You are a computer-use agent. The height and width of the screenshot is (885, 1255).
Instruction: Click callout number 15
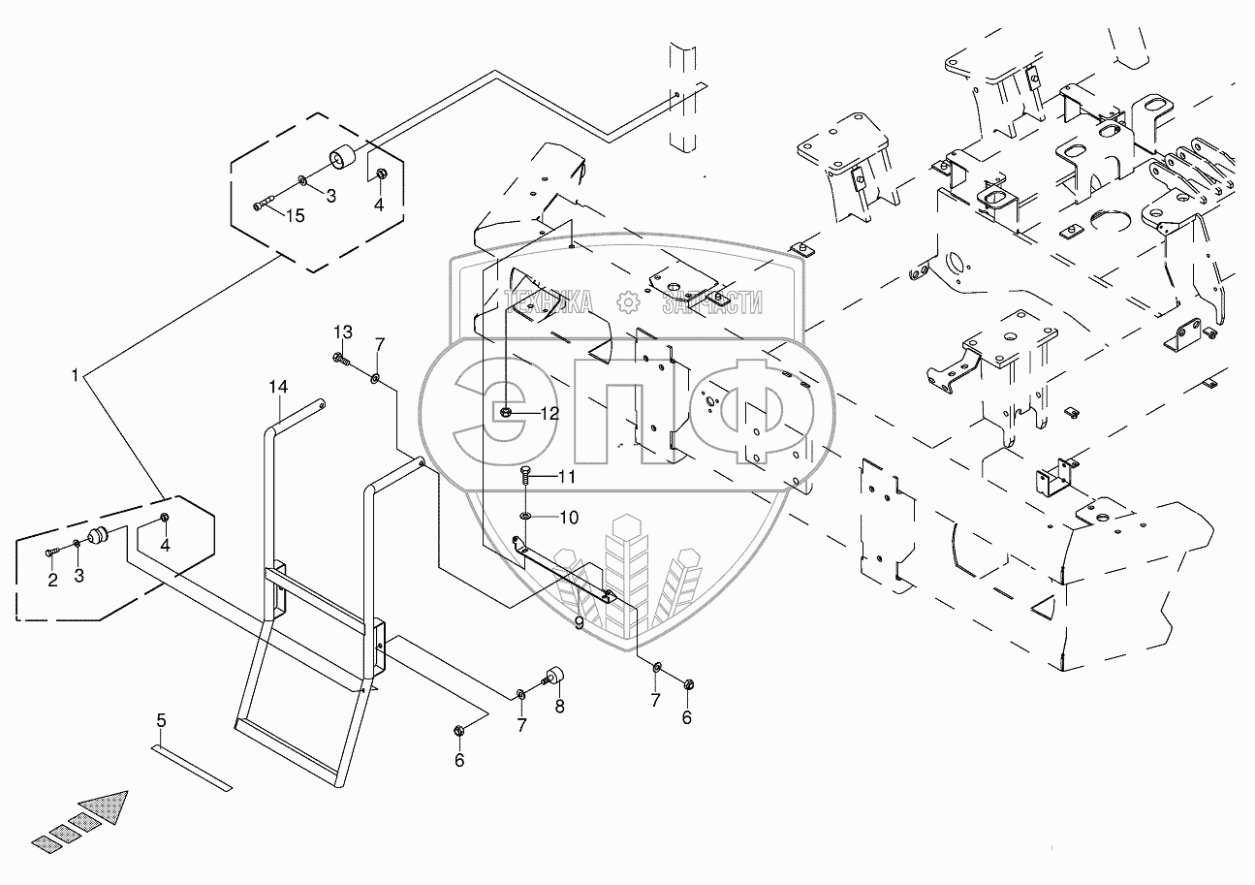pyautogui.click(x=295, y=216)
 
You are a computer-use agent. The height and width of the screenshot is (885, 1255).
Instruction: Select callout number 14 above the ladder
pyautogui.click(x=278, y=388)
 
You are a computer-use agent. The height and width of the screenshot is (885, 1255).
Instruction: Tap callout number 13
pyautogui.click(x=345, y=333)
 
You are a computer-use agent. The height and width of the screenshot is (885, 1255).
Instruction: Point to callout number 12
pyautogui.click(x=549, y=414)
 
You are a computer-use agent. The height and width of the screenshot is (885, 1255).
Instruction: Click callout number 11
pyautogui.click(x=566, y=477)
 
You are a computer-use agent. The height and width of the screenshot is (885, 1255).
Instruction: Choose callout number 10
pyautogui.click(x=568, y=518)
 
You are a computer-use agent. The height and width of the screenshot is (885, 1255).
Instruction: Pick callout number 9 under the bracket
pyautogui.click(x=579, y=623)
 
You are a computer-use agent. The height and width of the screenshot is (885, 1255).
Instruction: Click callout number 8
pyautogui.click(x=559, y=707)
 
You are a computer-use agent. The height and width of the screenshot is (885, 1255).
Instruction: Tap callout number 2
pyautogui.click(x=52, y=580)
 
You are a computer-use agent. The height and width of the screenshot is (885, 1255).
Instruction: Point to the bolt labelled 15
pyautogui.click(x=265, y=204)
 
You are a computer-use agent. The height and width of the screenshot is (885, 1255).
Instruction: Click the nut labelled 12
pyautogui.click(x=507, y=414)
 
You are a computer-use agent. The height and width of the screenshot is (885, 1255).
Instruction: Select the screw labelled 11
pyautogui.click(x=525, y=475)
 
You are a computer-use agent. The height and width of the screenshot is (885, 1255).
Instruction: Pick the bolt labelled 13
pyautogui.click(x=341, y=362)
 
